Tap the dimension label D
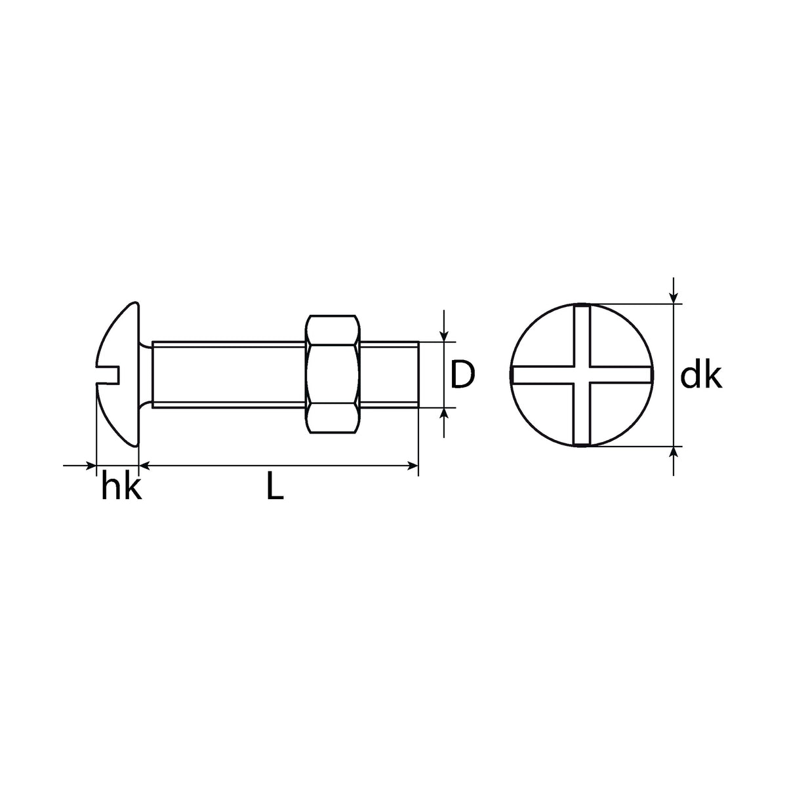(x=462, y=374)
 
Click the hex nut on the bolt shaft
(x=333, y=374)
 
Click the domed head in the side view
(x=117, y=374)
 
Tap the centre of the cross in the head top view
(x=582, y=375)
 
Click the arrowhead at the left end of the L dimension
(x=144, y=465)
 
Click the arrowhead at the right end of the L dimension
(x=413, y=465)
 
